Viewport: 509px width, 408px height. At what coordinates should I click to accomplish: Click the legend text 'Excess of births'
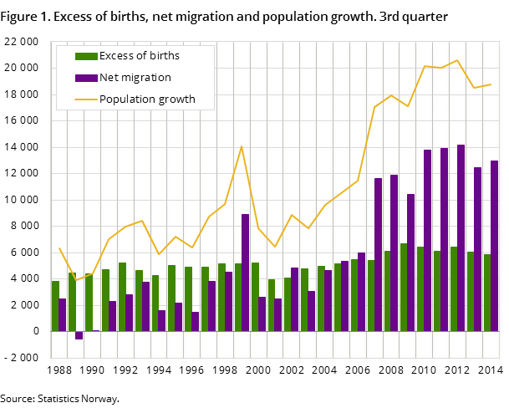pos(139,56)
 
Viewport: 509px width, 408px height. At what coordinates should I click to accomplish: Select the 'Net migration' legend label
pos(135,78)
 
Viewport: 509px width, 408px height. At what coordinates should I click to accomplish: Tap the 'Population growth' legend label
pos(147,99)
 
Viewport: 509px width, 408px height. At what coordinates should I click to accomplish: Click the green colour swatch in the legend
pos(85,56)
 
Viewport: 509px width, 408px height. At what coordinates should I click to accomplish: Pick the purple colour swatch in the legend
pos(85,78)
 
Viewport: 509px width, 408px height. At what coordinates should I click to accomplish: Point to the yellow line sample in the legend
pos(85,99)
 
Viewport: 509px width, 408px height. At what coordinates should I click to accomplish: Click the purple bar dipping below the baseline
pos(79,335)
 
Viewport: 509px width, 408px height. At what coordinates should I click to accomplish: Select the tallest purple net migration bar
pos(461,237)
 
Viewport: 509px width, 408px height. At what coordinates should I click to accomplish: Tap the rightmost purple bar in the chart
pos(494,246)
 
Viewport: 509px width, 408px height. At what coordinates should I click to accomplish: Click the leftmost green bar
pos(55,306)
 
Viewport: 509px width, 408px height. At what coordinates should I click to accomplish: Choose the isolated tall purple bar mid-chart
pos(245,273)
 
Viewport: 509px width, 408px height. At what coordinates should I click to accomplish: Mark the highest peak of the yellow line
pos(457,60)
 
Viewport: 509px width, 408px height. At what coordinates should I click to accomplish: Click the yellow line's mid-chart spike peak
pos(242,146)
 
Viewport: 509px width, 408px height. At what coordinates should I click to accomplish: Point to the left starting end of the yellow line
pos(59,248)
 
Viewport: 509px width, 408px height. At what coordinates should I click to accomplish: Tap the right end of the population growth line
pos(491,84)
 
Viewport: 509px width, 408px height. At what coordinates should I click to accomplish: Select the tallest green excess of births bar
pos(404,287)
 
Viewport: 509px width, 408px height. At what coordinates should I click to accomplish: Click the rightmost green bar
pos(486,293)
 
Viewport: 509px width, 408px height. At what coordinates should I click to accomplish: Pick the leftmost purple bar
pos(62,314)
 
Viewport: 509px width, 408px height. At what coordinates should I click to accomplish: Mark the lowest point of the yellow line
pos(75,280)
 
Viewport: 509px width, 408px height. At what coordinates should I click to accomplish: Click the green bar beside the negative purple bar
pos(72,302)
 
